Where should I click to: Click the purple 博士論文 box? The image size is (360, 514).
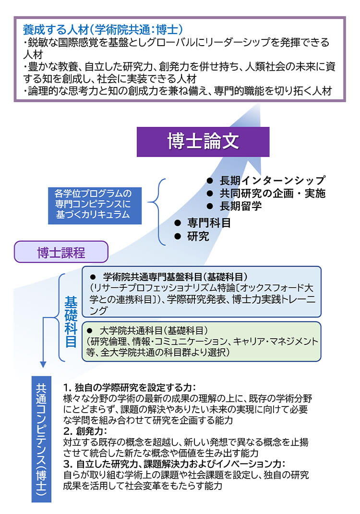(203, 141)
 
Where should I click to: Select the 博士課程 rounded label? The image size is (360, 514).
(61, 252)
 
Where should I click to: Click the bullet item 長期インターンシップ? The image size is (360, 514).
(272, 181)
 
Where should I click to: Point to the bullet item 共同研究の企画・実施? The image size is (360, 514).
(272, 194)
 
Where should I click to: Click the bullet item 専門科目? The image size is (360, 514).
(209, 222)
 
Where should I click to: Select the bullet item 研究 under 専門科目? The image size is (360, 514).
(198, 236)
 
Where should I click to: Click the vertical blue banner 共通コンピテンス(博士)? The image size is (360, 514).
(42, 439)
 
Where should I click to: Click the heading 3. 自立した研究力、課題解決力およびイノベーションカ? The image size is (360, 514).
(174, 464)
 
